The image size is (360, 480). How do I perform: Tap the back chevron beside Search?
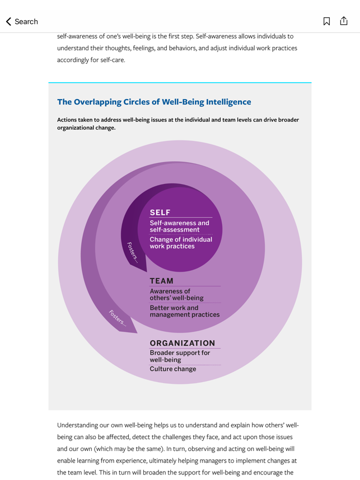[x=8, y=21]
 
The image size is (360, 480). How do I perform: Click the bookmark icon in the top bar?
[x=326, y=21]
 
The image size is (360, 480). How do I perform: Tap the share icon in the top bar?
[x=344, y=21]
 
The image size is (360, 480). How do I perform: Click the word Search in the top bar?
[x=26, y=21]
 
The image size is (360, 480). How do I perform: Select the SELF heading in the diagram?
[x=160, y=213]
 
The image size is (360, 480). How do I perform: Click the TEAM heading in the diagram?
[x=161, y=281]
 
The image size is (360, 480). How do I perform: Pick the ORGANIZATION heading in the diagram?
[x=183, y=343]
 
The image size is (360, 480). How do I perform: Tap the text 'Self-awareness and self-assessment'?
[x=180, y=226]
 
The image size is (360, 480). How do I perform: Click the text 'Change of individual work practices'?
[x=181, y=243]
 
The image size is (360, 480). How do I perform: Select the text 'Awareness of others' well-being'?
[x=176, y=294]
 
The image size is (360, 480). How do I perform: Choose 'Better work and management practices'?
[x=185, y=311]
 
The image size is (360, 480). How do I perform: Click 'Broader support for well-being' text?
[x=180, y=356]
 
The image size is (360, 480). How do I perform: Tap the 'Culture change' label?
[x=173, y=369]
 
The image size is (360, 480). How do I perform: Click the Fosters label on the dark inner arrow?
[x=133, y=252]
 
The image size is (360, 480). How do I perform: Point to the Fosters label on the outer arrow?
[x=118, y=318]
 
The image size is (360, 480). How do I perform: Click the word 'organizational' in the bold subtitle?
[x=76, y=128]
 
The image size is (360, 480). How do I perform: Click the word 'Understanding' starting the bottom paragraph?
[x=77, y=425]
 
